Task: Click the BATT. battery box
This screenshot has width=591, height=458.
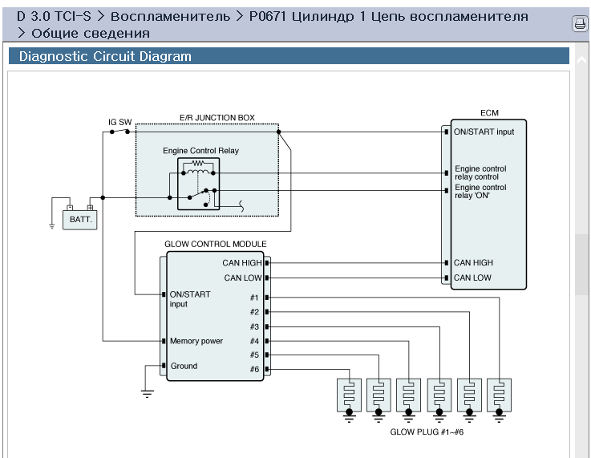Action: [79, 219]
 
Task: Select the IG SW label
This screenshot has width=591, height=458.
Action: [119, 123]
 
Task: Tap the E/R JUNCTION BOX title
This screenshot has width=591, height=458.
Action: [217, 118]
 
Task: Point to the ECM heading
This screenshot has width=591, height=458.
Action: [489, 114]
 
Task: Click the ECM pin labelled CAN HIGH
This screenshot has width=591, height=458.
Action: [473, 262]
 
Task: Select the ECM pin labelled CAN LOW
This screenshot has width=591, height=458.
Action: [472, 278]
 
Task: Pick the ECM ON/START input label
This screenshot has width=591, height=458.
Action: [484, 132]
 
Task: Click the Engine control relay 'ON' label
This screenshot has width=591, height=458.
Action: [480, 191]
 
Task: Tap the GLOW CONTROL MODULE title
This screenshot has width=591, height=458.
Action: [215, 244]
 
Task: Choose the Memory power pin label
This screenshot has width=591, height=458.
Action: [196, 341]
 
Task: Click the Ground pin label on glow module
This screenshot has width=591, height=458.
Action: [184, 366]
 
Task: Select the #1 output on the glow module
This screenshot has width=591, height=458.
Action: [254, 297]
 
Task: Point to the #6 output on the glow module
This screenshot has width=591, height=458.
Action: [254, 369]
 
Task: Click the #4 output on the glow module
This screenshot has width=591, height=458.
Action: [254, 341]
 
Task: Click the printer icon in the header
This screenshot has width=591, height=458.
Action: [580, 24]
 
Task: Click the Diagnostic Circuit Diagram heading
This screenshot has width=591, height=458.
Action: [105, 57]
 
